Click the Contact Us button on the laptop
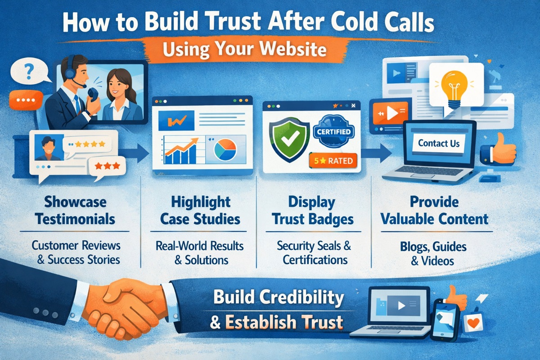pos(439,144)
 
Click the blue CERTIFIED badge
pos(334,132)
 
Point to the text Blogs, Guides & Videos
pos(432,253)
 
